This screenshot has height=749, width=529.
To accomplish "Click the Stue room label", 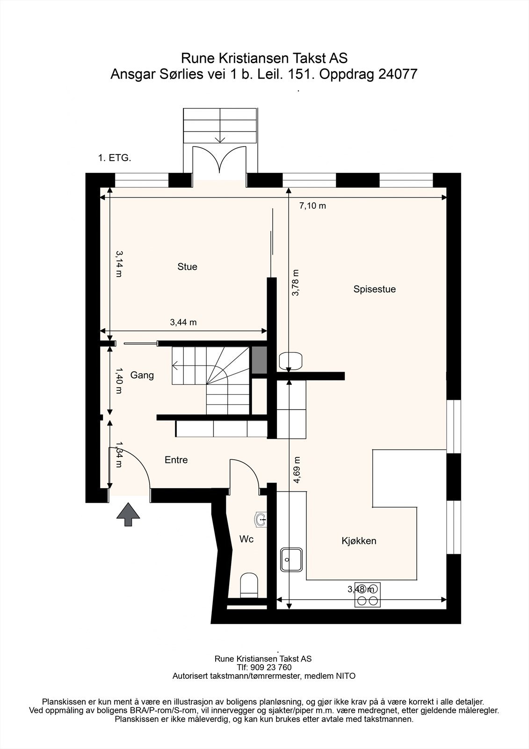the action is pos(187,266).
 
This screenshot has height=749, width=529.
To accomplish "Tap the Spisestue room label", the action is pos(375,289).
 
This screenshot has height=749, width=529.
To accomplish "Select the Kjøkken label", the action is pos(359,541).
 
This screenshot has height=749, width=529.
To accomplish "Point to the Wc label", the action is pos(246,539).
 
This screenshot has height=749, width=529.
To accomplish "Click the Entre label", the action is pos(176,460).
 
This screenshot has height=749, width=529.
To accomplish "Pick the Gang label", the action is pos(142,375).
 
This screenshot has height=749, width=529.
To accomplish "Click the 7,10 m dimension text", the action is pos(312,206).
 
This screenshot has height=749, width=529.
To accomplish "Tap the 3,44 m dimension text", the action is pos(183,323).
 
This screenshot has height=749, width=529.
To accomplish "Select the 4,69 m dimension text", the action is pos(296,470).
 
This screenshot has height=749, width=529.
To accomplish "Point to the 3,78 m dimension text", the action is pos(296,283).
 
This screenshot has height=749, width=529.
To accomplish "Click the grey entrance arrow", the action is pos(128,515).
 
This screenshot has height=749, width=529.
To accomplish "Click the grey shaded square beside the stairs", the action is pos(259,360).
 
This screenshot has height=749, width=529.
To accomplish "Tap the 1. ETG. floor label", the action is pos(115,158).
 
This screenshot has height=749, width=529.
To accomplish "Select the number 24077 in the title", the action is pos(398,74).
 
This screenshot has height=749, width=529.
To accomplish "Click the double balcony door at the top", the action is pos(219,160).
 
